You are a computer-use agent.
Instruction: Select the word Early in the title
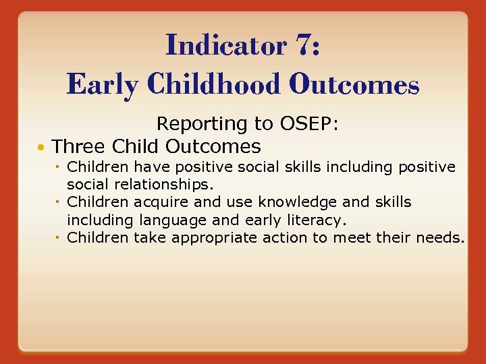[x=101, y=85]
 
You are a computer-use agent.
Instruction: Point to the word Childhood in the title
[x=214, y=85]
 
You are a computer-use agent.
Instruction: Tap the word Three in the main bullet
[x=79, y=146]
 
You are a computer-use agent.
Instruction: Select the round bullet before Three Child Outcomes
[x=42, y=147]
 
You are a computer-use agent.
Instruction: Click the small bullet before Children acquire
[x=60, y=202]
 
